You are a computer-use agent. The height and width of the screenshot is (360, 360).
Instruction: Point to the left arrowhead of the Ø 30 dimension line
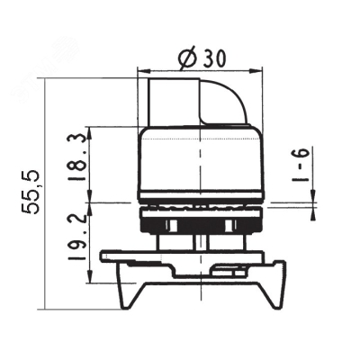tap(141, 69)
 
